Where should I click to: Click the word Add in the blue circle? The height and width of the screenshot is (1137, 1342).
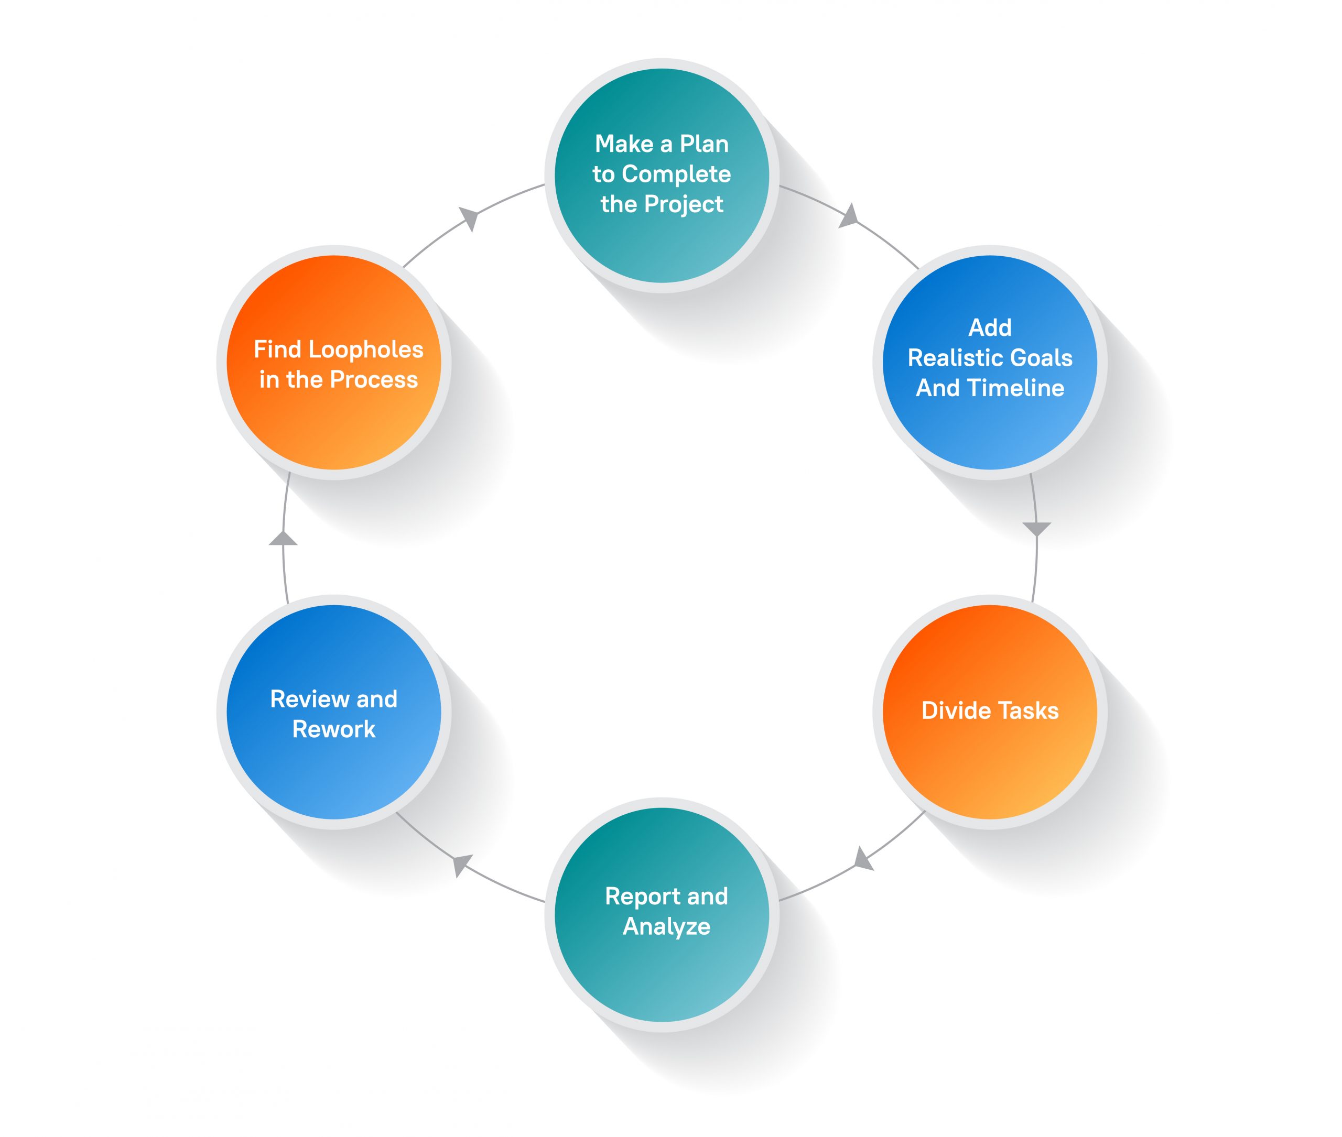(990, 327)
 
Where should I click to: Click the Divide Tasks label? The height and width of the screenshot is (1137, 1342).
(990, 710)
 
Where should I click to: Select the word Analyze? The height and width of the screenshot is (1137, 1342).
(666, 926)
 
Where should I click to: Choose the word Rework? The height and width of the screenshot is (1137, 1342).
(333, 729)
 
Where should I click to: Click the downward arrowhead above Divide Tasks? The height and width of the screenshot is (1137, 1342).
(1037, 529)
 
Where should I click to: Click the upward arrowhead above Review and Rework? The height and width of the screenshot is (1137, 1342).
(283, 539)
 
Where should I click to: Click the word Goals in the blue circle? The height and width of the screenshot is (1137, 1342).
(1041, 358)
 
